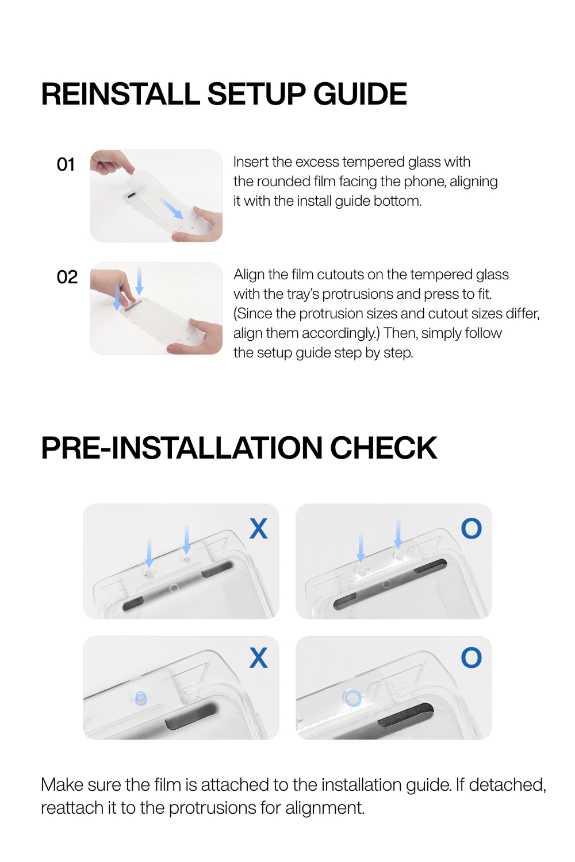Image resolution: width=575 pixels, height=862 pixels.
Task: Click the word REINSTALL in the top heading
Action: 121,94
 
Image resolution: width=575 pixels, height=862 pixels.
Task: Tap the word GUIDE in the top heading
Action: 360,94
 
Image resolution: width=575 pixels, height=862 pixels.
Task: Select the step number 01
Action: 66,164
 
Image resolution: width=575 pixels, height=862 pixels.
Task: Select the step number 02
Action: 67,277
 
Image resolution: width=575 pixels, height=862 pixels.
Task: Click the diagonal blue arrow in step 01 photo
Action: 172,209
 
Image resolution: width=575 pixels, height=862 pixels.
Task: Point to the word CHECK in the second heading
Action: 383,448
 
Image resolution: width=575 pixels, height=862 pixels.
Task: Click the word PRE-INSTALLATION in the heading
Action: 181,448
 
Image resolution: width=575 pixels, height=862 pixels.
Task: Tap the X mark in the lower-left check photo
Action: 258,657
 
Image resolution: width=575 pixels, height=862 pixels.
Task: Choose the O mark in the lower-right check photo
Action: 471,657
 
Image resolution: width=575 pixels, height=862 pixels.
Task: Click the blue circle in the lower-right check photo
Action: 354,698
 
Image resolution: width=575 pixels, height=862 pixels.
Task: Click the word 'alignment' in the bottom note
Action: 325,808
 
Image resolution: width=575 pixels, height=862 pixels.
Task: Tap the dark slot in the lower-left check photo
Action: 191,715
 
